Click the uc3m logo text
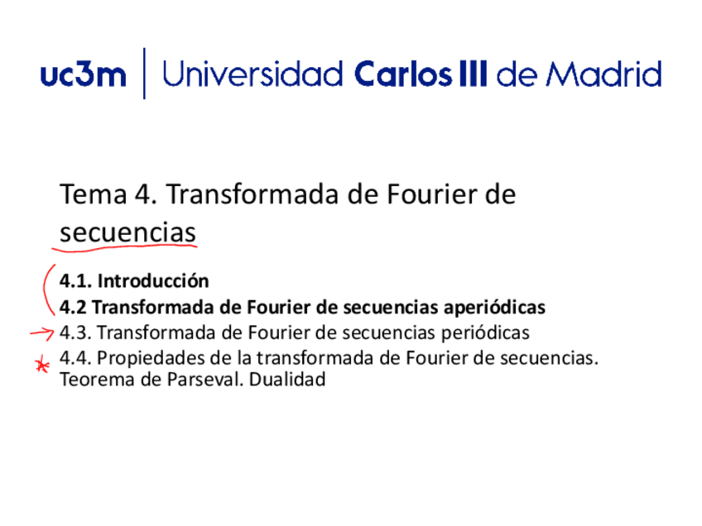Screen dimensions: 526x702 [x=83, y=75]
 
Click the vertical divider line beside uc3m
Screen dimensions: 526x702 [x=145, y=74]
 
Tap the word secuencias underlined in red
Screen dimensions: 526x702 [x=128, y=232]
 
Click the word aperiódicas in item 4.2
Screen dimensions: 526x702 [x=495, y=308]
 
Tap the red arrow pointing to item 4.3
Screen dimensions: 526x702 [x=41, y=333]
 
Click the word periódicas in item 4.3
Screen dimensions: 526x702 [x=486, y=333]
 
